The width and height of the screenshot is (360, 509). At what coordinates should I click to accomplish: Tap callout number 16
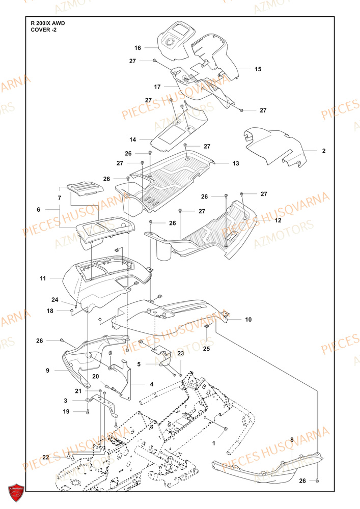137,48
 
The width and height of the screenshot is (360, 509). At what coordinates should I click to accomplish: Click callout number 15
258,69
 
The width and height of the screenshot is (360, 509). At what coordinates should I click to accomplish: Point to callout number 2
323,151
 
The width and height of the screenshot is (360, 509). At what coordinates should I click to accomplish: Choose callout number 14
132,139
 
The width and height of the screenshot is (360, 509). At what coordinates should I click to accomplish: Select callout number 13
235,164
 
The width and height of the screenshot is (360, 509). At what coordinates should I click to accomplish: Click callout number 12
278,220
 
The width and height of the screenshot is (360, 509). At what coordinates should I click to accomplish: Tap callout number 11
43,278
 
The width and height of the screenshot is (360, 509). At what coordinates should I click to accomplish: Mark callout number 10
248,320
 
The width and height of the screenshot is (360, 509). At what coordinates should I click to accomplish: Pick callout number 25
206,349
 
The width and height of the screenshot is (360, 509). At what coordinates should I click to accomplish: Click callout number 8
292,439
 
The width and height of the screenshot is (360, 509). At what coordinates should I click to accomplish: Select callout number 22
45,458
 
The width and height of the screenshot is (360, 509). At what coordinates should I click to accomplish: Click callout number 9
47,371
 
